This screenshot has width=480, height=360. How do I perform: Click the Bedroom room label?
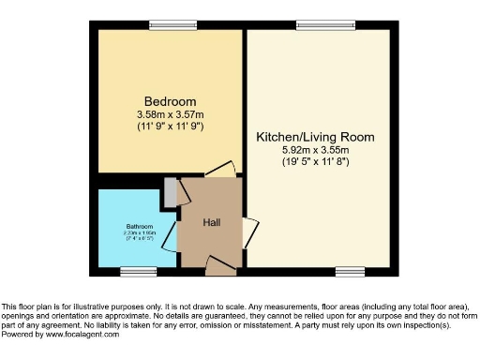pyautogui.click(x=170, y=101)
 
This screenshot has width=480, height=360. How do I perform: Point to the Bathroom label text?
pyautogui.click(x=138, y=227)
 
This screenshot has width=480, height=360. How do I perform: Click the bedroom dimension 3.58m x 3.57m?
pyautogui.click(x=170, y=114)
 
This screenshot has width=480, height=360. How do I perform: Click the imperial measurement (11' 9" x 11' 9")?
pyautogui.click(x=170, y=126)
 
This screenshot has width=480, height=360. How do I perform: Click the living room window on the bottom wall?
pyautogui.click(x=350, y=271)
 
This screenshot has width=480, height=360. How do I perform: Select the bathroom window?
pyautogui.click(x=138, y=271)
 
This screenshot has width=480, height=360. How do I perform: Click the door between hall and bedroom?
pyautogui.click(x=220, y=170)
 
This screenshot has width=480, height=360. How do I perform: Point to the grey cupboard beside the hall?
pyautogui.click(x=170, y=191)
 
